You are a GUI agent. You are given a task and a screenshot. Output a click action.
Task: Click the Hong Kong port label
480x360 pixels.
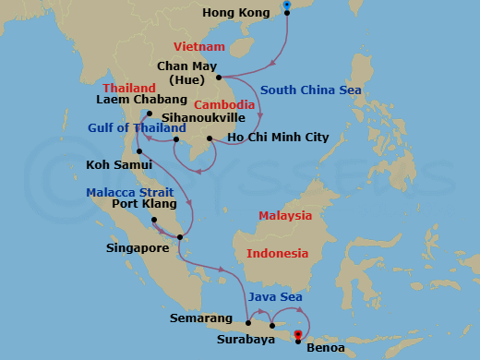tap(238, 14)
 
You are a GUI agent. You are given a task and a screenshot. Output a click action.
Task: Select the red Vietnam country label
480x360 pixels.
tap(199, 46)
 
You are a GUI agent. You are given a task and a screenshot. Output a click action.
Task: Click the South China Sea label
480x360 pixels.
tap(310, 90)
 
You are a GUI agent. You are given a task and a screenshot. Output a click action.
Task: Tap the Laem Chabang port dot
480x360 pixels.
tap(149, 114)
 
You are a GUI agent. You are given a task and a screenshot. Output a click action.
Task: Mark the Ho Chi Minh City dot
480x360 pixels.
tap(211, 139)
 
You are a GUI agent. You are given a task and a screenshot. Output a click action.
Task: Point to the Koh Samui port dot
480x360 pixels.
tap(138, 151)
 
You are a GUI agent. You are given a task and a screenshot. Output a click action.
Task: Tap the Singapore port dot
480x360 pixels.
tap(180, 238)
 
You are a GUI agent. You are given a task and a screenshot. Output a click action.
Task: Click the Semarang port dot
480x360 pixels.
tap(249, 322)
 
